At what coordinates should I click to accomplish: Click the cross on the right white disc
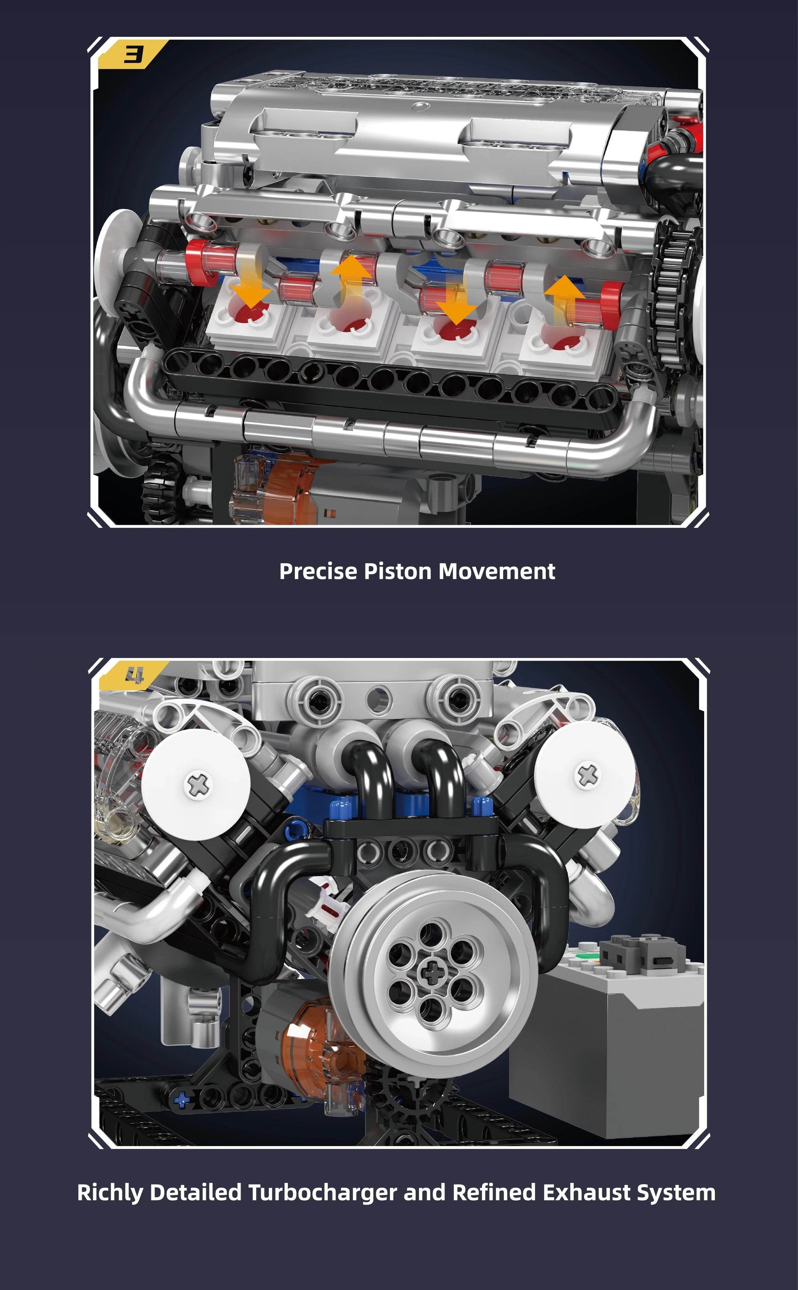pyautogui.click(x=587, y=775)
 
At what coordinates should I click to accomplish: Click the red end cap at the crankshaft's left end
pyautogui.click(x=196, y=263)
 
